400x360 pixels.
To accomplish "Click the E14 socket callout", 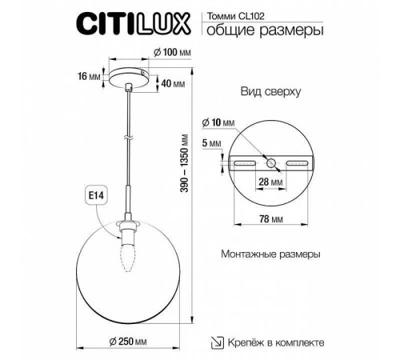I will pos(95,195).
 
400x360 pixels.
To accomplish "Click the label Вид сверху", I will pos(270,92).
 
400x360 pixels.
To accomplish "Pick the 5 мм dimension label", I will pos(212,144).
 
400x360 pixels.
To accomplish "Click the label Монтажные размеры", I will pos(270,254).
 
